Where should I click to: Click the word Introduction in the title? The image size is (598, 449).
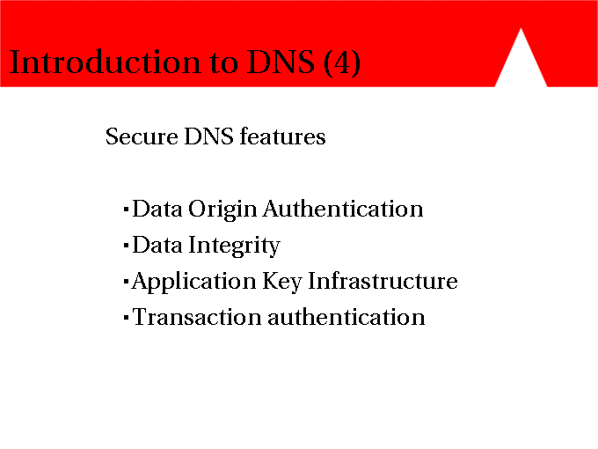pos(105,62)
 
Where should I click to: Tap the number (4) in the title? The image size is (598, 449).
pos(342,63)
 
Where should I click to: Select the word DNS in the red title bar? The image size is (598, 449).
pos(281,62)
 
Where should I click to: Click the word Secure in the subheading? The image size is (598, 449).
pos(142,136)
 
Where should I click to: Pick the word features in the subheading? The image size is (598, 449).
pos(282,136)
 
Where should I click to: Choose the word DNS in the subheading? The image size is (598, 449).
pos(208,136)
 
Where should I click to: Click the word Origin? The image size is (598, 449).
pos(222,210)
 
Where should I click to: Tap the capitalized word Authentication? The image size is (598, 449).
pos(343,209)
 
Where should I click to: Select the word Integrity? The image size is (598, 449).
pos(235,246)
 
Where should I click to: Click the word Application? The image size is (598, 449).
pos(193,282)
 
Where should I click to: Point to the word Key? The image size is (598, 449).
pos(282,282)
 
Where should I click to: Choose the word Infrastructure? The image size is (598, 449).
pos(383,281)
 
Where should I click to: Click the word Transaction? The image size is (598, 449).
pos(197,317)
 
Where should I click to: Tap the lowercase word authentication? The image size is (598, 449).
pos(346,317)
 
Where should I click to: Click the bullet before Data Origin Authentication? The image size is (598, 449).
pos(127,210)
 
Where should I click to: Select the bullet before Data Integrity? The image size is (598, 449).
pos(127,246)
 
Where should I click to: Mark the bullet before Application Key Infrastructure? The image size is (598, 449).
pos(127,282)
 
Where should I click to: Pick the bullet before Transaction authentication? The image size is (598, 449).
pos(127,318)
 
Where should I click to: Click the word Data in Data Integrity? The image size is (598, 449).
pos(157,245)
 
